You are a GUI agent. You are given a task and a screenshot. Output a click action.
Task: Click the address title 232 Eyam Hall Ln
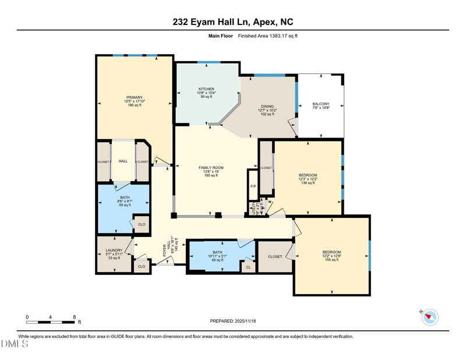[233, 22]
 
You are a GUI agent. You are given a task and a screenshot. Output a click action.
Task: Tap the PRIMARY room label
[134, 98]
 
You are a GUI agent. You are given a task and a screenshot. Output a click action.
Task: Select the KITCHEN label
[206, 89]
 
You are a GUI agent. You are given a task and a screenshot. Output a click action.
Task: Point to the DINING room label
[267, 107]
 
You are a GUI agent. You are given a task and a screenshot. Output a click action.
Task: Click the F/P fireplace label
[253, 186]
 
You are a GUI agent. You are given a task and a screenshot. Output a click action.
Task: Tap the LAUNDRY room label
[114, 250]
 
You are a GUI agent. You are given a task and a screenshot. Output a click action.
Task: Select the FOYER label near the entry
[165, 250]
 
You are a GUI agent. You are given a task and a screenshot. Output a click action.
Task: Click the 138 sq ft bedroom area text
[308, 183]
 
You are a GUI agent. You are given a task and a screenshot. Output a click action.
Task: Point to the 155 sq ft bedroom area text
[331, 260]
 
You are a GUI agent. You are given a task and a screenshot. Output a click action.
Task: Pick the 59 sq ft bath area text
[125, 205]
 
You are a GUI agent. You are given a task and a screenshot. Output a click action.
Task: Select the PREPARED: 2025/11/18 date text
[232, 321]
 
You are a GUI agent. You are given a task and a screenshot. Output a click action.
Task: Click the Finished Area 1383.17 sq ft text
[268, 36]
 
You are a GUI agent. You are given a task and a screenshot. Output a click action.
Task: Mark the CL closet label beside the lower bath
[248, 267]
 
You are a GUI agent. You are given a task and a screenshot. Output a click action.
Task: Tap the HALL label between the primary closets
[123, 161]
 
